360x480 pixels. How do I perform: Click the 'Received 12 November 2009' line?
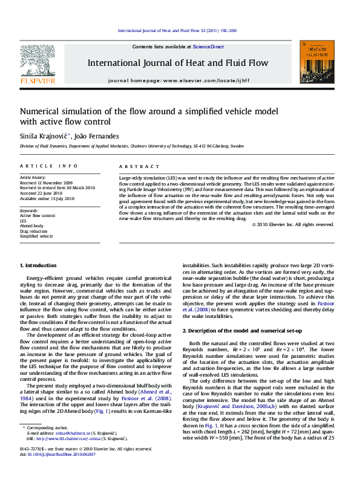pyautogui.click(x=47, y=183)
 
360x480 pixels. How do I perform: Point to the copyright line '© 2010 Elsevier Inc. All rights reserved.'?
pyautogui.click(x=293, y=224)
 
